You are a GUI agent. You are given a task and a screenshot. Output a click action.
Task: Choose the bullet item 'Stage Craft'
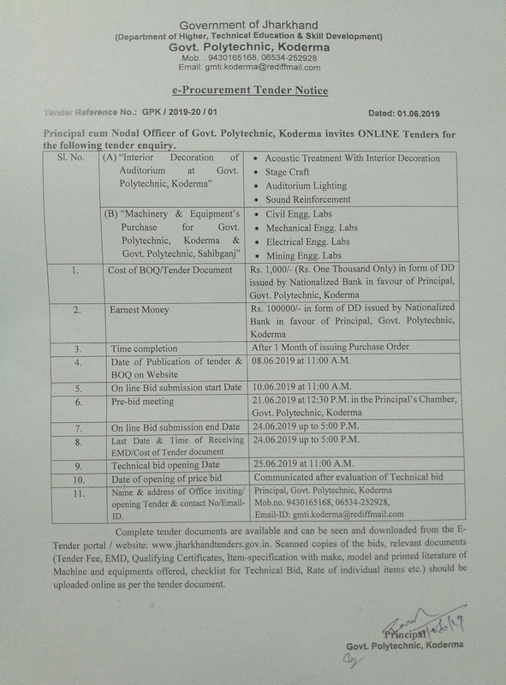click(291, 172)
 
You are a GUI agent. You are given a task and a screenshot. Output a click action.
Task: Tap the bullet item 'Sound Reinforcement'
click(308, 199)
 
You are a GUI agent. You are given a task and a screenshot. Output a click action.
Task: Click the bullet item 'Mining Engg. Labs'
click(304, 255)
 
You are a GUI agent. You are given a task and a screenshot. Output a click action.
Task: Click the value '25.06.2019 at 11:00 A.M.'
click(302, 462)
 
